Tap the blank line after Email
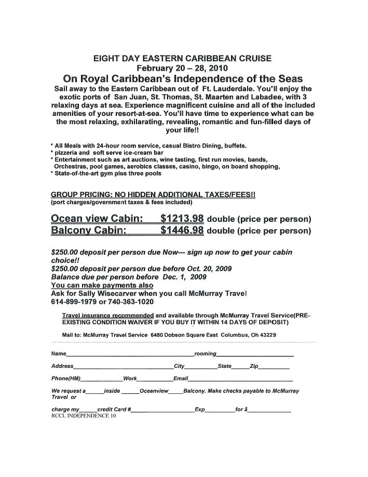(x=240, y=380)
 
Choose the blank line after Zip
(x=274, y=367)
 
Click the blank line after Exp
(x=220, y=410)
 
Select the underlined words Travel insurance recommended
(x=107, y=315)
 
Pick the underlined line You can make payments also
(x=102, y=285)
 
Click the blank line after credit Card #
(x=162, y=410)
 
